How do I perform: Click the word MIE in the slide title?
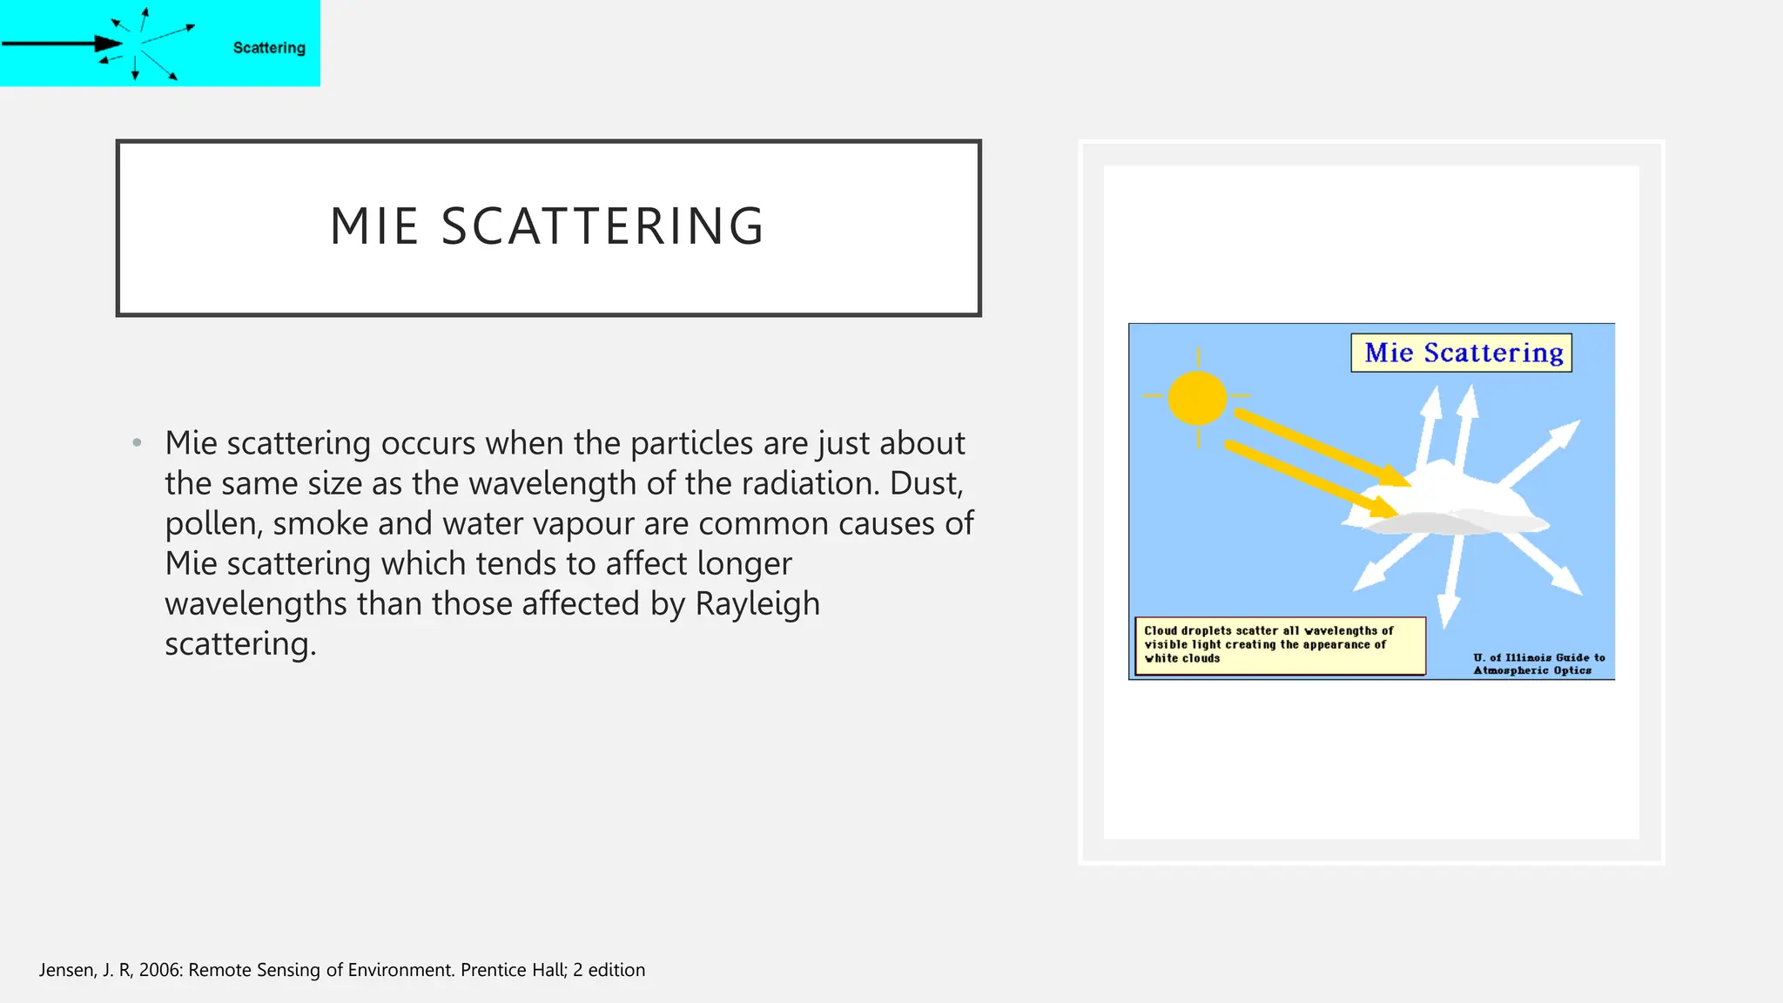click(x=374, y=226)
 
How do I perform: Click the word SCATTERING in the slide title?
click(x=602, y=226)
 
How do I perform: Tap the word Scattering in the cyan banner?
click(x=269, y=48)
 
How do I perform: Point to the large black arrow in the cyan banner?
click(x=61, y=44)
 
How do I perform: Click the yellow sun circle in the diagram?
click(x=1197, y=398)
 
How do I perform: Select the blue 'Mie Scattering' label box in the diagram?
click(x=1462, y=353)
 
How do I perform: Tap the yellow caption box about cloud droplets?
click(x=1279, y=645)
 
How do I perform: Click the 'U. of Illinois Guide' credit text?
click(x=1537, y=663)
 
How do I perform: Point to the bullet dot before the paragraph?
click(x=137, y=443)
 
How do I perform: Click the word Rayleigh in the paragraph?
click(x=757, y=603)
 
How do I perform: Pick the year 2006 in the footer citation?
click(x=160, y=970)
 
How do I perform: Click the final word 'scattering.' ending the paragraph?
click(x=240, y=644)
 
